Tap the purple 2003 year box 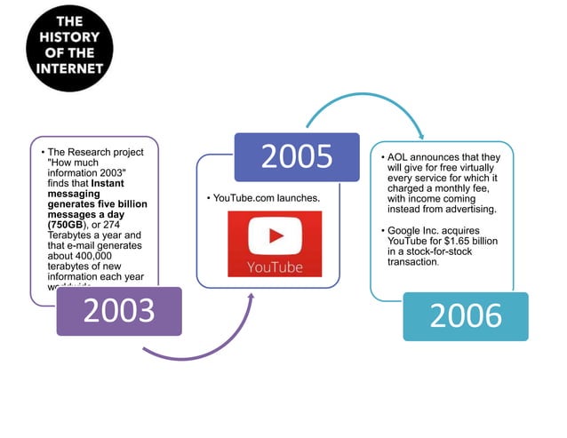[119, 311]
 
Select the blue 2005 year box [296, 156]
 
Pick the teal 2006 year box [465, 316]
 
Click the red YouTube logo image [275, 243]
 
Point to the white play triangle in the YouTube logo [276, 236]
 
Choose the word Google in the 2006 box [408, 230]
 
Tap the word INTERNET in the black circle [69, 68]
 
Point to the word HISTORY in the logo [69, 37]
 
